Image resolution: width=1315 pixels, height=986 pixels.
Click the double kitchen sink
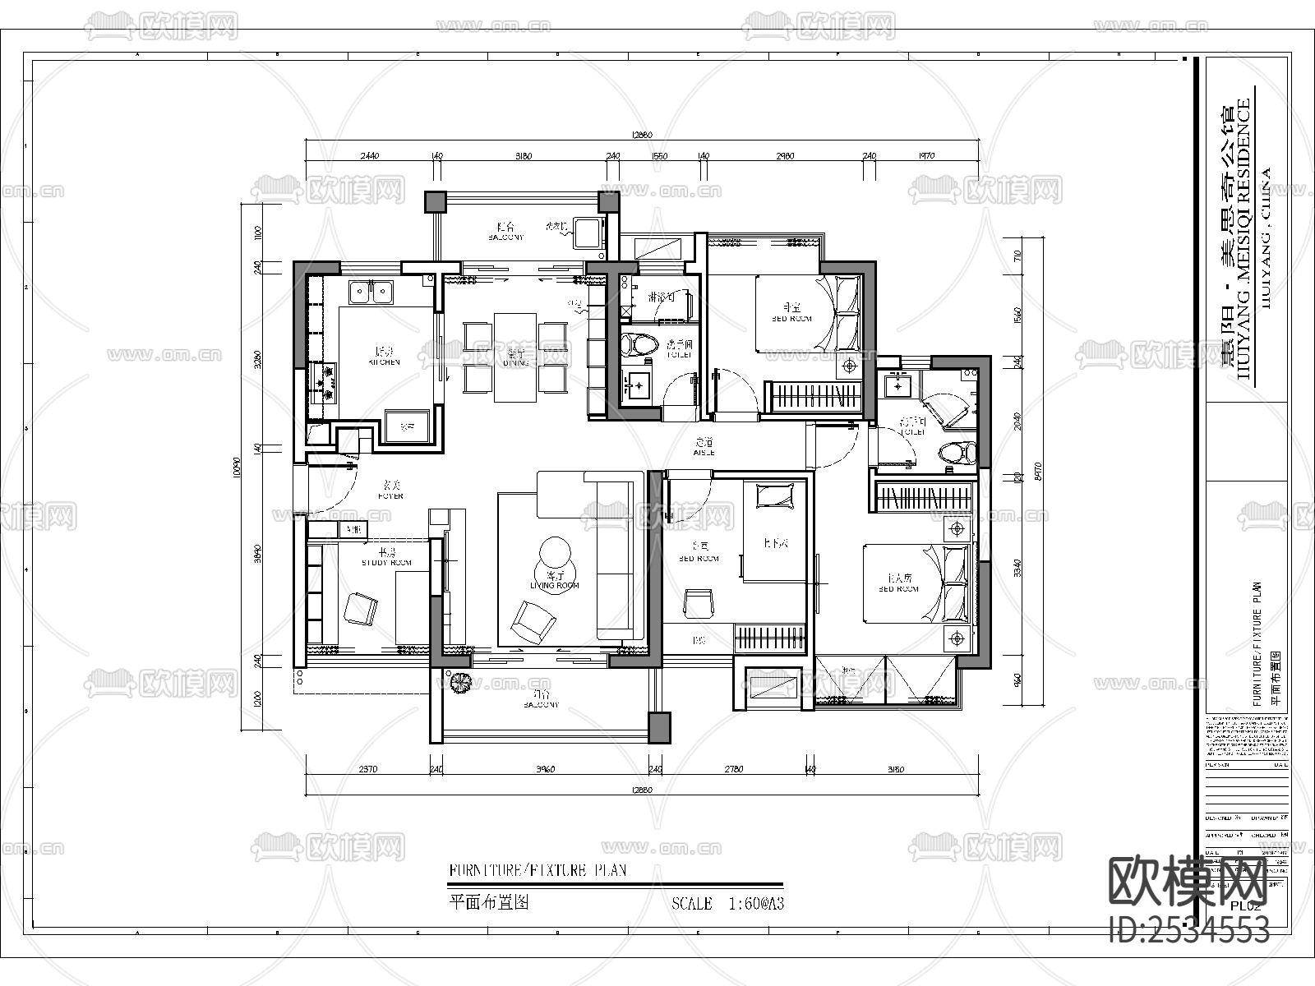pyautogui.click(x=371, y=292)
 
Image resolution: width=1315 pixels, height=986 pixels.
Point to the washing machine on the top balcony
pyautogui.click(x=588, y=232)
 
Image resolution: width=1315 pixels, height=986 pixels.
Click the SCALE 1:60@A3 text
pyautogui.click(x=727, y=904)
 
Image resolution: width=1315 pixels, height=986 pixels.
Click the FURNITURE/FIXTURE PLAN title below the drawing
pyautogui.click(x=538, y=870)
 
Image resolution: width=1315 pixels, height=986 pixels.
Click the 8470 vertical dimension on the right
pyautogui.click(x=1034, y=468)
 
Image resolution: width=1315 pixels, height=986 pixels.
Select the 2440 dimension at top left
pyautogui.click(x=370, y=156)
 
